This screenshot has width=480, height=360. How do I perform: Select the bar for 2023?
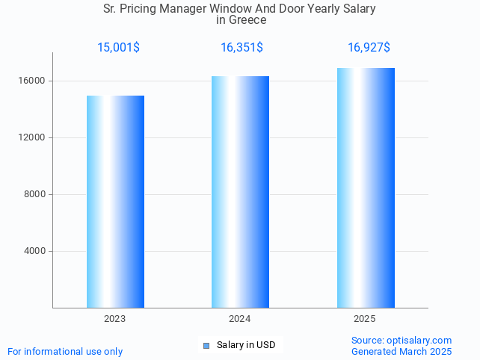pos(115,202)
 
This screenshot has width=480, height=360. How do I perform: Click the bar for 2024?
pos(240,192)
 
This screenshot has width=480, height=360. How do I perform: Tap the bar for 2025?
pos(366,187)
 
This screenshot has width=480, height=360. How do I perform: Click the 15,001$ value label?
pos(118,48)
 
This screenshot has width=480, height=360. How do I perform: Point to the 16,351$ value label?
pos(241,48)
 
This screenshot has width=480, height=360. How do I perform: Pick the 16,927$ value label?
pos(369,48)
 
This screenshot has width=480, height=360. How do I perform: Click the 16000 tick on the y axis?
pos(34,81)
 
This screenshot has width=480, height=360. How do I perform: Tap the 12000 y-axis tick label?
pos(34,137)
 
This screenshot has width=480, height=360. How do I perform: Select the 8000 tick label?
pos(37,194)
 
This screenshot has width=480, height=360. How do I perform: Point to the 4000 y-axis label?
pos(37,251)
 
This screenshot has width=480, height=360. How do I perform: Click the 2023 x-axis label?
pos(115,319)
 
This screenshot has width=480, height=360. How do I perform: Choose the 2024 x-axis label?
pos(240,319)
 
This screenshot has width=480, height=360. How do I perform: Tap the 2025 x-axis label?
pos(365,319)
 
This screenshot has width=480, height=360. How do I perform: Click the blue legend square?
pos(206,345)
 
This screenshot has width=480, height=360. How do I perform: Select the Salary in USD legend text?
pos(246,345)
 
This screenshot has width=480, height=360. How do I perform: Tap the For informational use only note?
pos(65,352)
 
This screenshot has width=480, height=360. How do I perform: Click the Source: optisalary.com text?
pos(401,341)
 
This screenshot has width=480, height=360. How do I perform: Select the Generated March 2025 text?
pos(401,352)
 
